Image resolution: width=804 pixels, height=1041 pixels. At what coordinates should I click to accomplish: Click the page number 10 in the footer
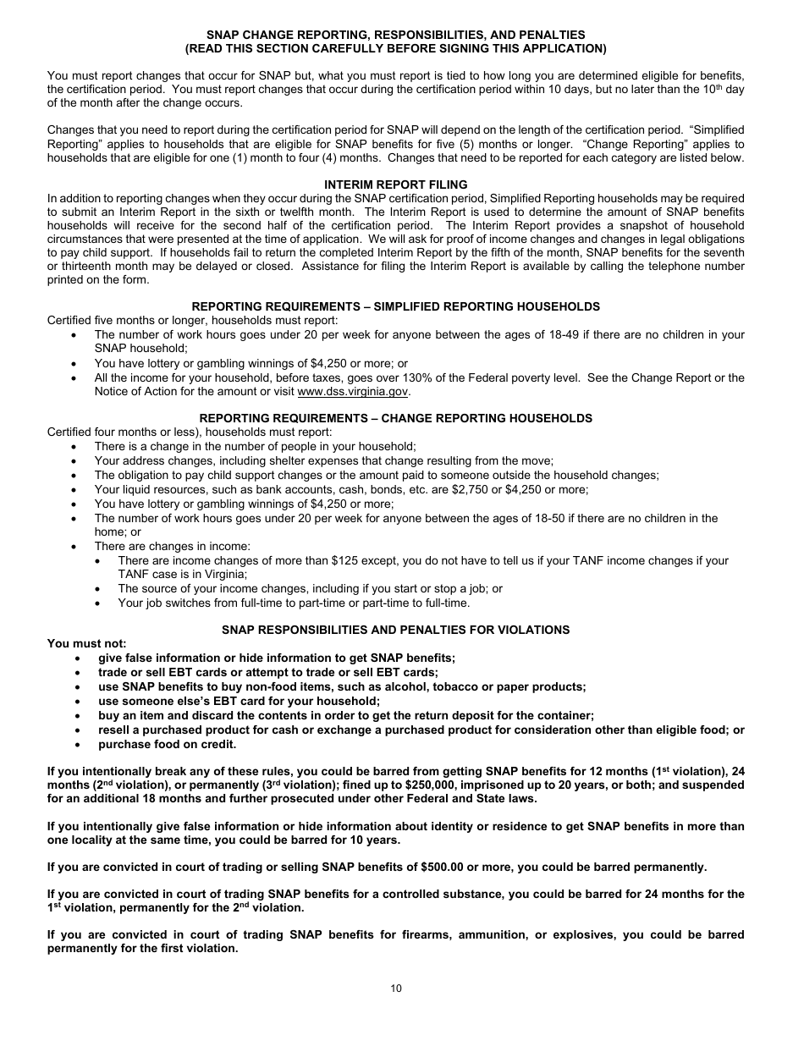(396, 988)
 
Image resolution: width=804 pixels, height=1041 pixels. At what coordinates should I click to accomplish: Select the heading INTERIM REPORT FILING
(396, 185)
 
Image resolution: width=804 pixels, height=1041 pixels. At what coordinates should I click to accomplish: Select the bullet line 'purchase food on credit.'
(167, 744)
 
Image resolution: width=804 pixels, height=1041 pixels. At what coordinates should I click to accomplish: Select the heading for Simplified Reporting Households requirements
(396, 306)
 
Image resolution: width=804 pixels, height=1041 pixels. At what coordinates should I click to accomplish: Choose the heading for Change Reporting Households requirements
(396, 418)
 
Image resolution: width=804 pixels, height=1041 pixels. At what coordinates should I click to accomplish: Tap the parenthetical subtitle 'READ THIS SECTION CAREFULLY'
(396, 48)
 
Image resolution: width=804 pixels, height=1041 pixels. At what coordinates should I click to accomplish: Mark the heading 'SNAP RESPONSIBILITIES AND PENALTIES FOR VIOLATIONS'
(396, 630)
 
